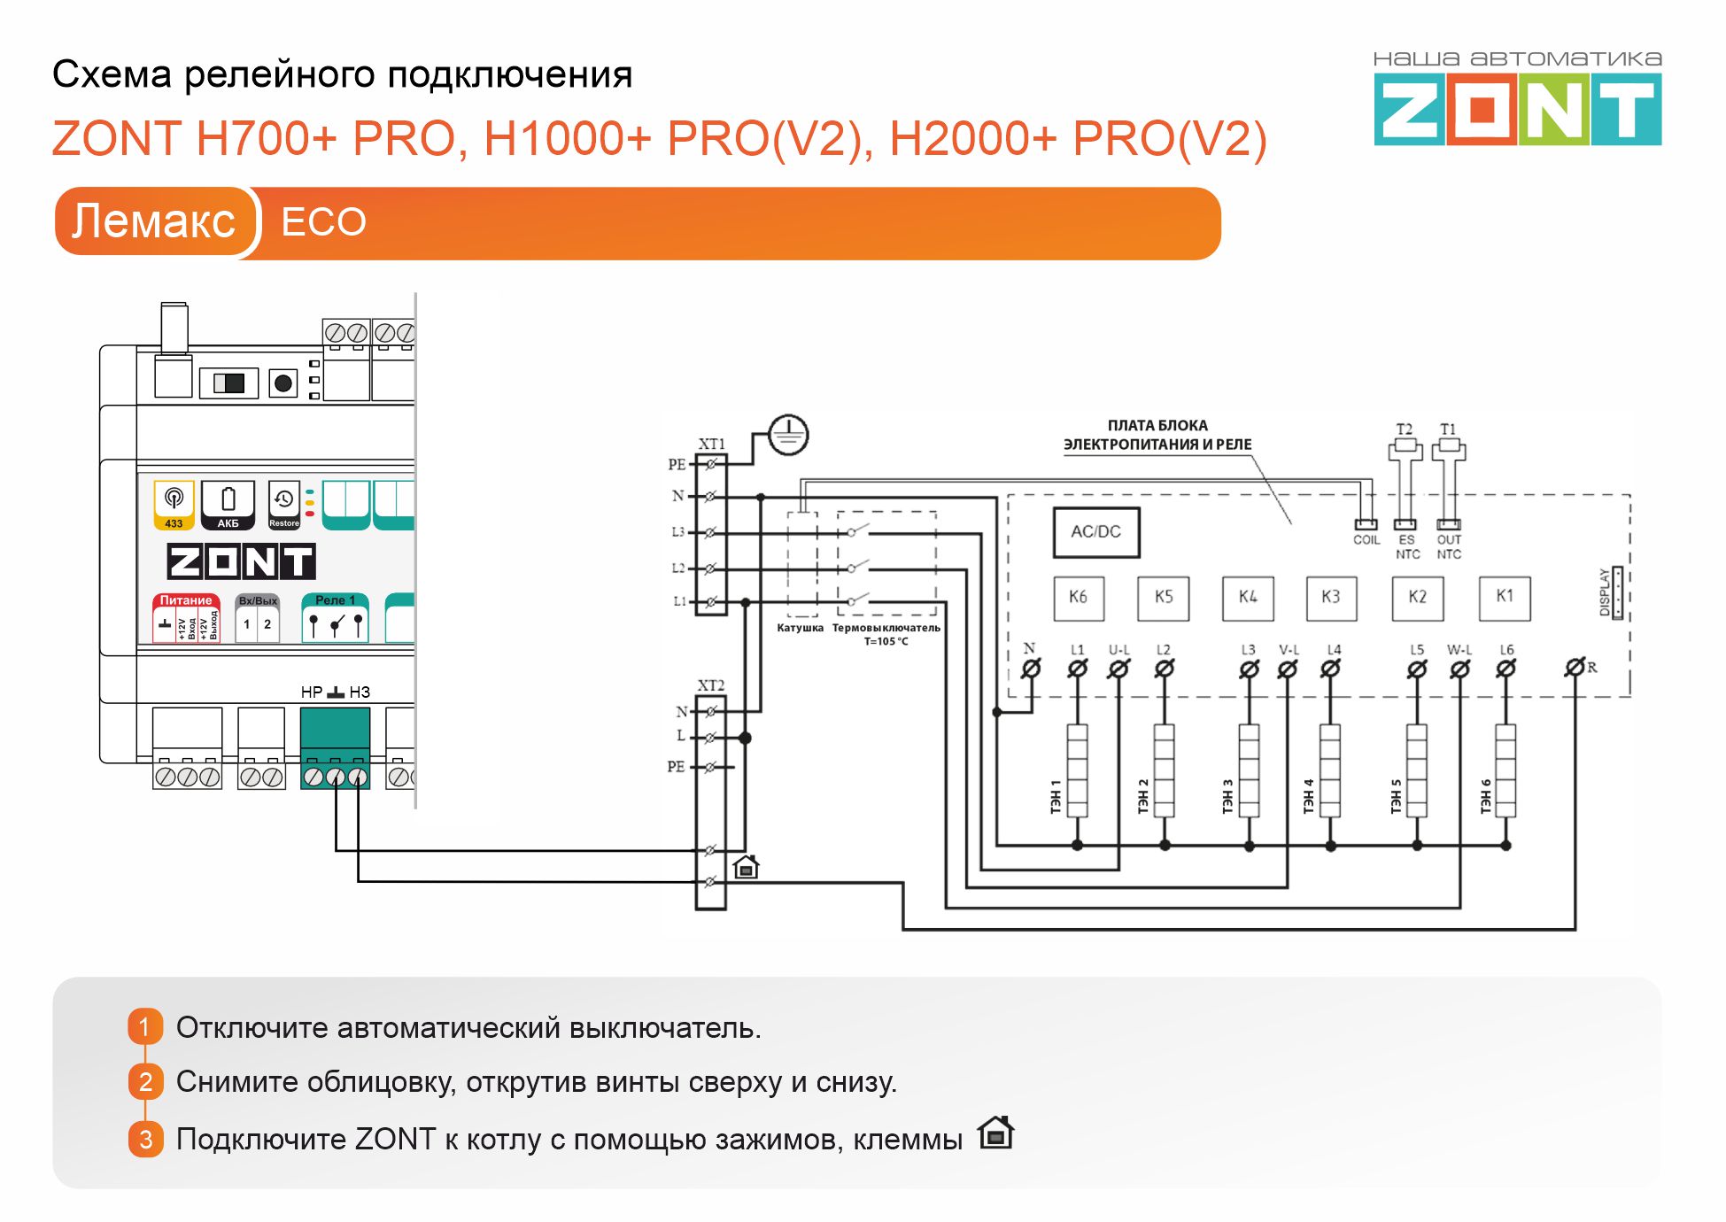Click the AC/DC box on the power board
pyautogui.click(x=1095, y=531)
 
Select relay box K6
pyautogui.click(x=1078, y=598)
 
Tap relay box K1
pyautogui.click(x=1505, y=597)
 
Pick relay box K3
pyautogui.click(x=1331, y=598)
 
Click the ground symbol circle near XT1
pyautogui.click(x=787, y=435)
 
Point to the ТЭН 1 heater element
pyautogui.click(x=1077, y=770)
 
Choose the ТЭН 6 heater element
pyautogui.click(x=1505, y=770)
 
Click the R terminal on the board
pyautogui.click(x=1575, y=667)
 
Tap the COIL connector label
pyautogui.click(x=1366, y=539)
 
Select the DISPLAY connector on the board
pyautogui.click(x=1617, y=592)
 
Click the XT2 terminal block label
pyautogui.click(x=710, y=685)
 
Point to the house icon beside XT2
pyautogui.click(x=747, y=866)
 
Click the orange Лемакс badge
pyautogui.click(x=154, y=221)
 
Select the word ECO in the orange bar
pyautogui.click(x=323, y=222)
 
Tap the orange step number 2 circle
pyautogui.click(x=146, y=1081)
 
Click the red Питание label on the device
pyautogui.click(x=186, y=600)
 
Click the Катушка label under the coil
pyautogui.click(x=800, y=628)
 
